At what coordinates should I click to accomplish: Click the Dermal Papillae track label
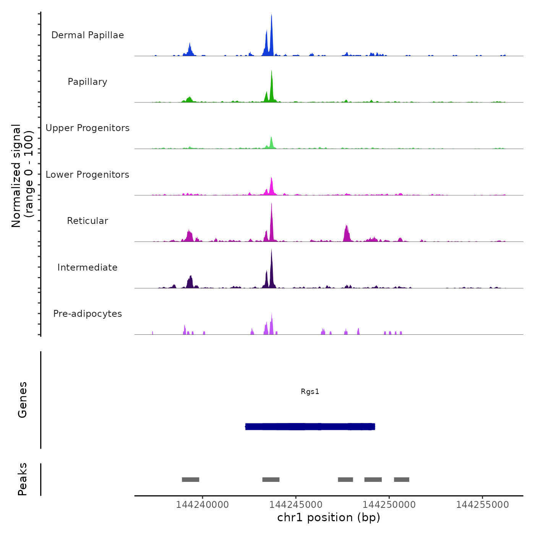88,35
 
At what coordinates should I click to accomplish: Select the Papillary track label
88,82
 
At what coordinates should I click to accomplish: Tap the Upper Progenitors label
88,128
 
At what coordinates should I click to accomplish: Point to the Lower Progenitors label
88,175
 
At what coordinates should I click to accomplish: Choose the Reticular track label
88,221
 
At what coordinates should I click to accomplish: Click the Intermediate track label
88,267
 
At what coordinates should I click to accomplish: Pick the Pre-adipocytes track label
88,314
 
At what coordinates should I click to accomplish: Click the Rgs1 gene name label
310,391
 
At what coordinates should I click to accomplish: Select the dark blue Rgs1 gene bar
310,426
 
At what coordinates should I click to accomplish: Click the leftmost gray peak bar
190,480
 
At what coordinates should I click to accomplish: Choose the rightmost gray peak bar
402,480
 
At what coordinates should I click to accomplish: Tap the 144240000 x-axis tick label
202,505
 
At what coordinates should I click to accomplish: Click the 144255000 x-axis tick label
482,505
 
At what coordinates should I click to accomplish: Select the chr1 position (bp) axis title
329,517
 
